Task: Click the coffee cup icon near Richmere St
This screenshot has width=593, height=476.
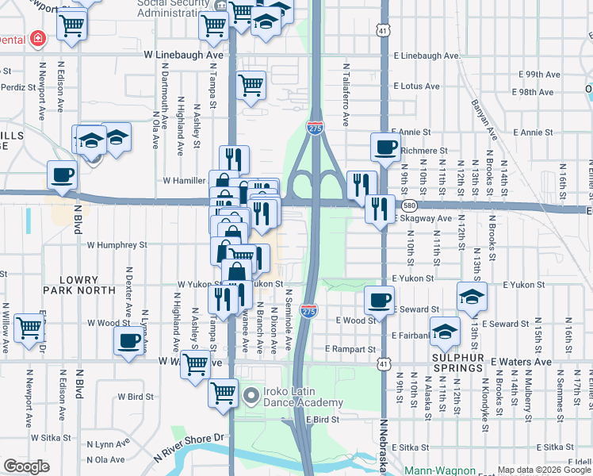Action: (386, 146)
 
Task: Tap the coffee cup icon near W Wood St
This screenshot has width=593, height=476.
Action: (129, 342)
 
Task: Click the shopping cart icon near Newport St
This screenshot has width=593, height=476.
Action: (73, 26)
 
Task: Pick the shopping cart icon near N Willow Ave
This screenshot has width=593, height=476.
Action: (29, 327)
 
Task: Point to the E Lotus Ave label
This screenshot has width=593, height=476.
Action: (415, 86)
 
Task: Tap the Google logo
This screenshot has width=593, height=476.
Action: (27, 466)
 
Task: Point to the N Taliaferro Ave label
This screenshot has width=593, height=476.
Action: (346, 95)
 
